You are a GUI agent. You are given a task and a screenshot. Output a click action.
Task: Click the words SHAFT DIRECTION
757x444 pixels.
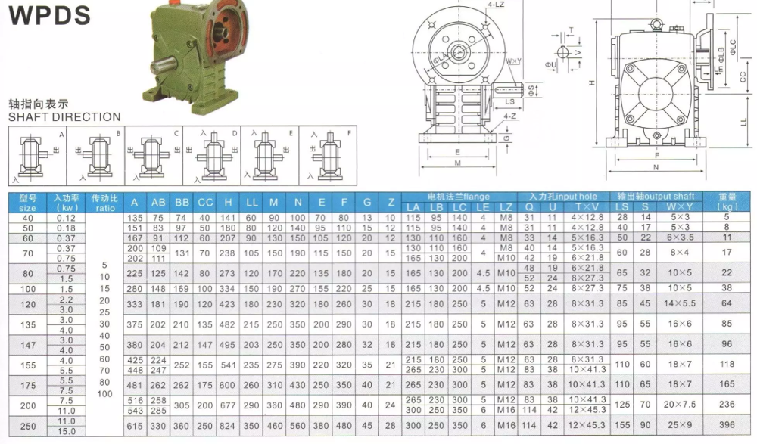pyautogui.click(x=64, y=116)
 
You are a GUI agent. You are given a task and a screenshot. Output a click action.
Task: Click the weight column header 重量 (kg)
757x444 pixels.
pyautogui.click(x=728, y=201)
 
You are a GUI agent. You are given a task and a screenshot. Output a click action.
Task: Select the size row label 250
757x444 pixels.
pyautogui.click(x=27, y=426)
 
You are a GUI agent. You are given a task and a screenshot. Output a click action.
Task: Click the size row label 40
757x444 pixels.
pyautogui.click(x=27, y=218)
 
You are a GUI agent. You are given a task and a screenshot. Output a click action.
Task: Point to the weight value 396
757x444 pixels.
pyautogui.click(x=727, y=426)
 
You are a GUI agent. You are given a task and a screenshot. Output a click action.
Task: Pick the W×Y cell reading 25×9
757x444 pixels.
pyautogui.click(x=679, y=426)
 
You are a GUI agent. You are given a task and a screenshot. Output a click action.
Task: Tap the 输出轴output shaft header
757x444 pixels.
pyautogui.click(x=656, y=197)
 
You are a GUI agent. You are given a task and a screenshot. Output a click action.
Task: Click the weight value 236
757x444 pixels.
pyautogui.click(x=727, y=405)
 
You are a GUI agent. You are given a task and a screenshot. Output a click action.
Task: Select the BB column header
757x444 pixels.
pyautogui.click(x=182, y=202)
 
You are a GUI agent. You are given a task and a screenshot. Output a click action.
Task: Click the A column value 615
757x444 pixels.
pyautogui.click(x=135, y=426)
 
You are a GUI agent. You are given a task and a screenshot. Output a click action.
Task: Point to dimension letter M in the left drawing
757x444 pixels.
pyautogui.click(x=458, y=162)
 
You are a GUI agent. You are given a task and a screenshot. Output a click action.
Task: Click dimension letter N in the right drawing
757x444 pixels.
pyautogui.click(x=655, y=167)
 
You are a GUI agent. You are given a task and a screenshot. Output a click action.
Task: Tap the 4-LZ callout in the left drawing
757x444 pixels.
pyautogui.click(x=497, y=5)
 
